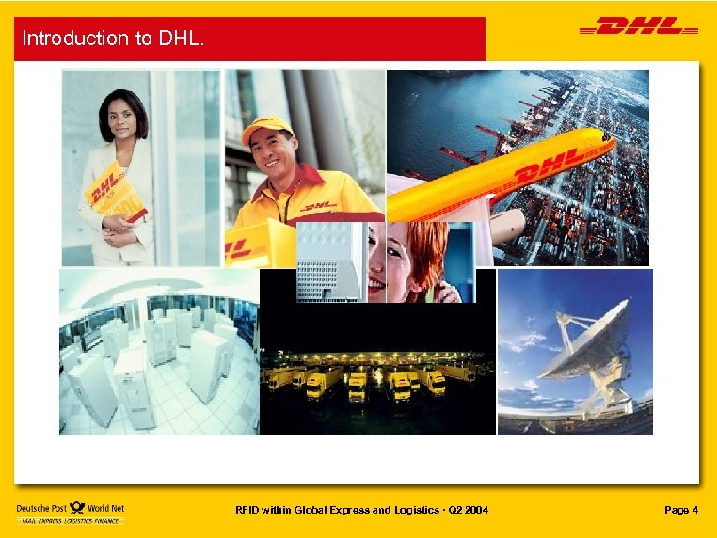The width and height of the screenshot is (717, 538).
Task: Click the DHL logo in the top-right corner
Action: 639,27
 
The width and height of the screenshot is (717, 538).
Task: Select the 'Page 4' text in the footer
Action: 680,510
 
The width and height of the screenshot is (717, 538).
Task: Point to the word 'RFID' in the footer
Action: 248,510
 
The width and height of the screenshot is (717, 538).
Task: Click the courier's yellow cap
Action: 266,129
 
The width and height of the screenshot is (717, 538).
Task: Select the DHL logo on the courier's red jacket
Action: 320,205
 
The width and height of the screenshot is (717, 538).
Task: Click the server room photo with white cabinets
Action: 158,353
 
